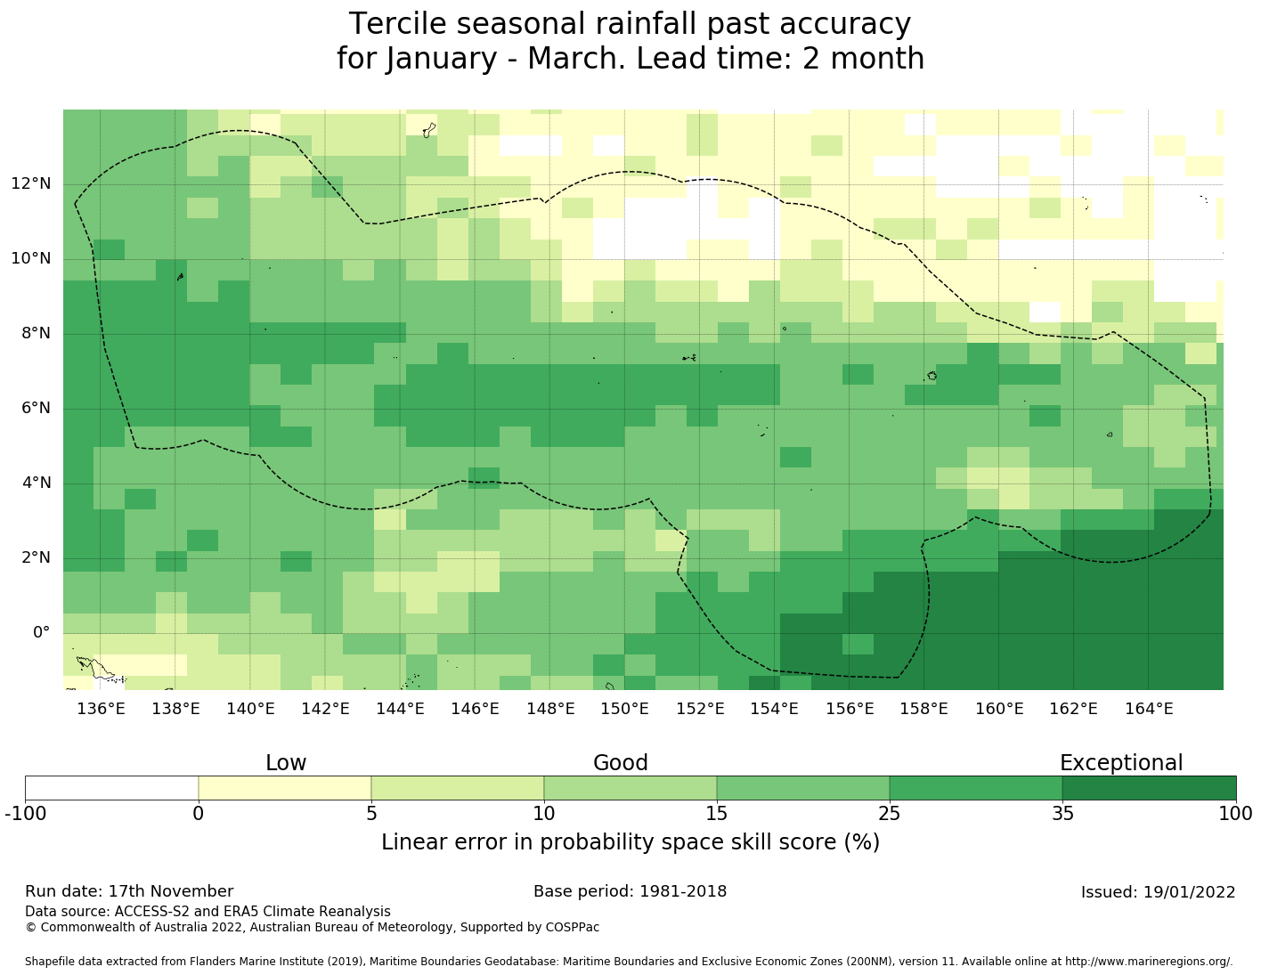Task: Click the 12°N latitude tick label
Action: click(30, 184)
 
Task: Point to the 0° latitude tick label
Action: click(41, 633)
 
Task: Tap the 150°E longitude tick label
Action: click(624, 709)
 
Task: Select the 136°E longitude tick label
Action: click(101, 709)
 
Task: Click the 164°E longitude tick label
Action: click(1148, 709)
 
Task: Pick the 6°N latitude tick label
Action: click(35, 409)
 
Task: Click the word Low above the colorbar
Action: click(286, 763)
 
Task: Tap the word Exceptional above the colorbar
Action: click(1120, 763)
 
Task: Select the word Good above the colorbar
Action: click(621, 763)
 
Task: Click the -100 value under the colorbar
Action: click(25, 813)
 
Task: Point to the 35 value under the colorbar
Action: click(1062, 813)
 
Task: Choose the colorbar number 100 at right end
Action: click(1235, 813)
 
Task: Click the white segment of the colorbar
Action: click(111, 788)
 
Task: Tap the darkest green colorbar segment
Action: click(1149, 788)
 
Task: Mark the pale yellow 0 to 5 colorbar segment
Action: click(284, 788)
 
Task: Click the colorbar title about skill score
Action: click(630, 842)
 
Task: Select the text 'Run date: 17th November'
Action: click(129, 891)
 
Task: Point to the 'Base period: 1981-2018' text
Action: click(630, 891)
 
